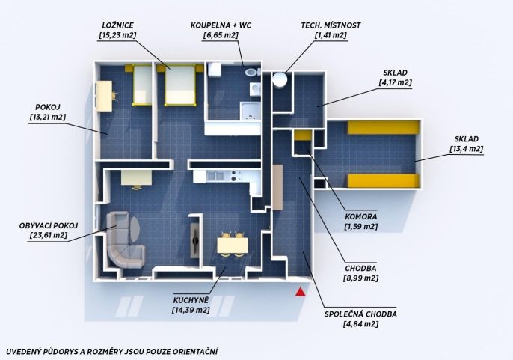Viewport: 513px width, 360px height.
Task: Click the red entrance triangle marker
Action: point(301,292)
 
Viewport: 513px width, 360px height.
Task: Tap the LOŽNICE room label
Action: point(118,25)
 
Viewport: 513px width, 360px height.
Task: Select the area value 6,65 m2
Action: point(221,35)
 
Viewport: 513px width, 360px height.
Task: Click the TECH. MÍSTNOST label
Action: point(331,25)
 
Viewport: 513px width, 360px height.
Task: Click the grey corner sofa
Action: point(125,239)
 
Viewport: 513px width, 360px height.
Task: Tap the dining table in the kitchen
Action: point(233,245)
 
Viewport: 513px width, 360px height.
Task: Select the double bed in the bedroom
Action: point(180,85)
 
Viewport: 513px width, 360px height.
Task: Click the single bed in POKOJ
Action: point(142,85)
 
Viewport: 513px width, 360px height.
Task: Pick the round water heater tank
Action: point(280,79)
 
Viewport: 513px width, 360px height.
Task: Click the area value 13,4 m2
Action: point(467,149)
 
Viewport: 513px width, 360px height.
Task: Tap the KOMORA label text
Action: point(361,216)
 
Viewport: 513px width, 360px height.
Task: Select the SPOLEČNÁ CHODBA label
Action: point(360,314)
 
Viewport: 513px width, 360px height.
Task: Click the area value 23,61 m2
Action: point(49,235)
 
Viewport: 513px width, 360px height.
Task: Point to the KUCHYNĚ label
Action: point(191,299)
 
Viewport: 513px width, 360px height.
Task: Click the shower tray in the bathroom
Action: point(250,111)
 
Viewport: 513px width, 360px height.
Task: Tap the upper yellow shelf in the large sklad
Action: point(383,127)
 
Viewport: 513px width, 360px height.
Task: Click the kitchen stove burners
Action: point(233,176)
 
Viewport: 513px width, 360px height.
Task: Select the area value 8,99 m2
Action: point(360,278)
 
